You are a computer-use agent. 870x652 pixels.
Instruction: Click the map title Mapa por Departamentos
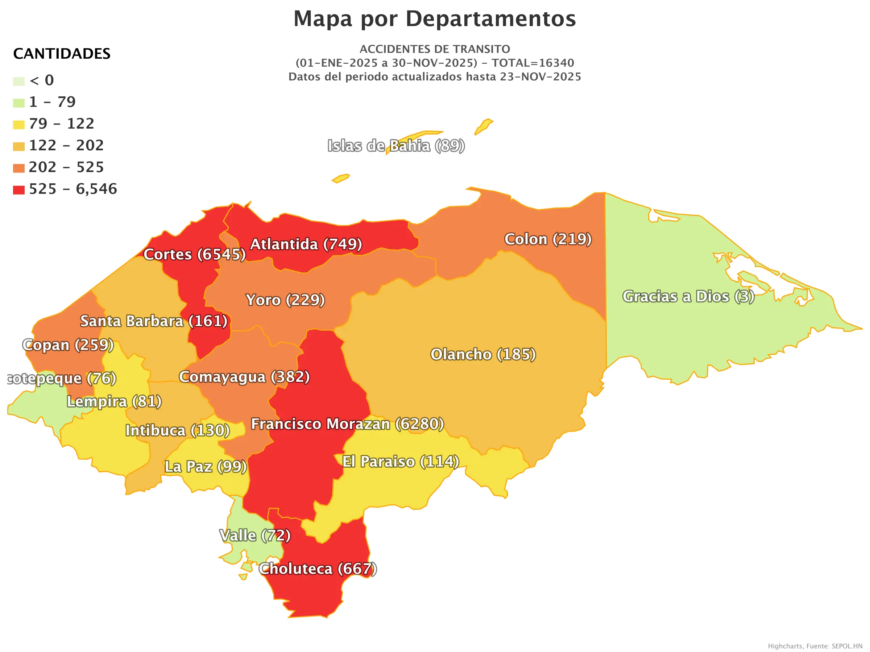tap(435, 18)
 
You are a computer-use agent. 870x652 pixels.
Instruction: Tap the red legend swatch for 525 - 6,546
tap(18, 190)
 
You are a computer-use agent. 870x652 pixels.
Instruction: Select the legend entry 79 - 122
tap(61, 124)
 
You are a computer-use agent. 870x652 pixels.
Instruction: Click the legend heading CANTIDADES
tap(62, 54)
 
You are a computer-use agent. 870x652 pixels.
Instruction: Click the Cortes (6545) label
tap(194, 255)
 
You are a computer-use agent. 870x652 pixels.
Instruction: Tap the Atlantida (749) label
tap(306, 244)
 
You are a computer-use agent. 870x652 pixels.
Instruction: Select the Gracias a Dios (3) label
tap(688, 297)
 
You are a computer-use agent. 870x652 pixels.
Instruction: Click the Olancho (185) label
tap(483, 355)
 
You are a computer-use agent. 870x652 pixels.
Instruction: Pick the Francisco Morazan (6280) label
tap(347, 424)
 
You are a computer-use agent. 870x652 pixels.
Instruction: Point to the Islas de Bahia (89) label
tap(396, 146)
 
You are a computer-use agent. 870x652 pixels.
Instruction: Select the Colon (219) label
tap(547, 239)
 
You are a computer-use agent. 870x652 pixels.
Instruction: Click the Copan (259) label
tap(68, 345)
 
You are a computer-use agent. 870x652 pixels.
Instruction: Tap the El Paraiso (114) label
tap(401, 462)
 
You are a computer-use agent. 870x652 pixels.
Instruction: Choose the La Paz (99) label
tap(205, 467)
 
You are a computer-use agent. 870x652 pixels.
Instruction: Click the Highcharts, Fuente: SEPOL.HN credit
tap(815, 646)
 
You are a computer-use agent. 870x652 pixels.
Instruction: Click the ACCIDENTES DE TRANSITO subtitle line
tap(435, 49)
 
